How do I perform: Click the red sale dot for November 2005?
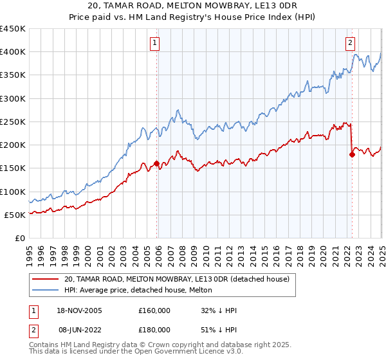pos(156,163)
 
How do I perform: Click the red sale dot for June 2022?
pos(352,154)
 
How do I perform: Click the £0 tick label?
pos(19,238)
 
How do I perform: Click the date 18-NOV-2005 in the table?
pos(75,310)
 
